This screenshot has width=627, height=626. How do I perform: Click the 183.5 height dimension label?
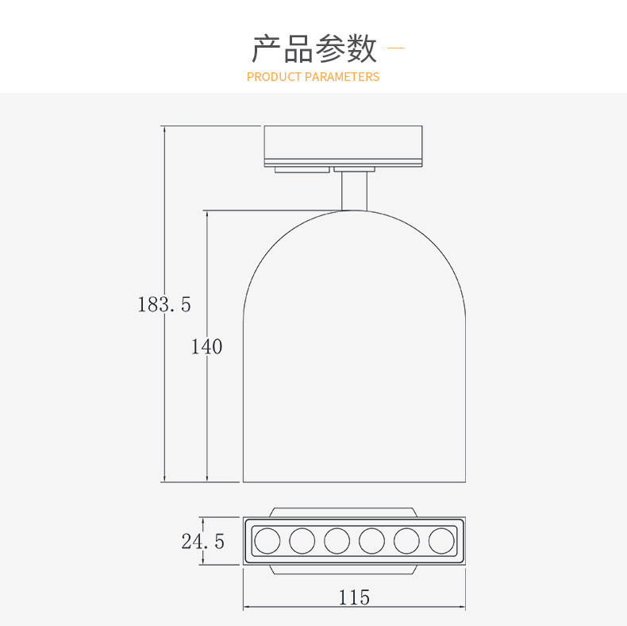click(x=164, y=304)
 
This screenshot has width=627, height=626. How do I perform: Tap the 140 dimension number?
click(x=206, y=347)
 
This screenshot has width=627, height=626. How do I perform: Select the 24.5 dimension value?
click(x=202, y=542)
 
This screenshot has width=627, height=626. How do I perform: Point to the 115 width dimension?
click(x=354, y=597)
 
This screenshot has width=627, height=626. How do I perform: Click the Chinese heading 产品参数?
click(x=314, y=49)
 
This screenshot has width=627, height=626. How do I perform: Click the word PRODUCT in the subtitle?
click(x=274, y=77)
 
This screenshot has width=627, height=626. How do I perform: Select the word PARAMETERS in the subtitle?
click(x=342, y=77)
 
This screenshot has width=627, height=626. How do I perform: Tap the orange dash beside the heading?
click(x=394, y=49)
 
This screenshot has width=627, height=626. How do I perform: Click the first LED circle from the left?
click(x=267, y=541)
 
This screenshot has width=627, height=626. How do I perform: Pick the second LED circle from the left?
click(x=302, y=541)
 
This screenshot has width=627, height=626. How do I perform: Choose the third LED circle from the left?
click(x=337, y=541)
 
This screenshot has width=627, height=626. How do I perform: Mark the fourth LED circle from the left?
click(x=371, y=541)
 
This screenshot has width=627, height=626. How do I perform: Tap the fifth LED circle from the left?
click(x=406, y=541)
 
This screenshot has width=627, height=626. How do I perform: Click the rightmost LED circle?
click(x=441, y=541)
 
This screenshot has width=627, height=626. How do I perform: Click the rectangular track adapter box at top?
click(x=343, y=145)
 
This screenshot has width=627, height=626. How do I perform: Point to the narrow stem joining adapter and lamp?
click(x=355, y=191)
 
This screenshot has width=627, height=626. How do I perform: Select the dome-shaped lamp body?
click(x=354, y=350)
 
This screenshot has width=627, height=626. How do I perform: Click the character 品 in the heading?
click(x=298, y=49)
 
